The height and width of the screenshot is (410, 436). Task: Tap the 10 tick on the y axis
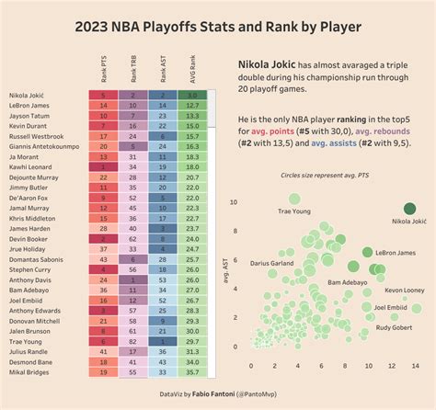pos(235,201)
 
